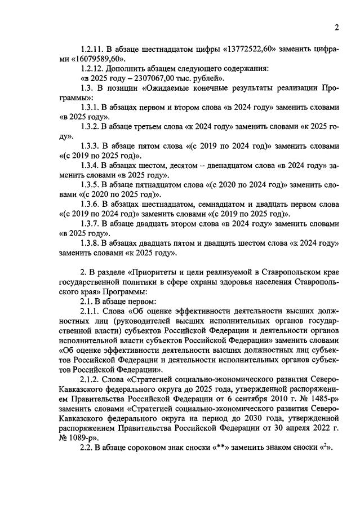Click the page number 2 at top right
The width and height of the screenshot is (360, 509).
tap(336, 28)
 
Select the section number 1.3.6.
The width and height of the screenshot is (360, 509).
tap(92, 204)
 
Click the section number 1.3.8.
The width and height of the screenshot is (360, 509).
tap(92, 244)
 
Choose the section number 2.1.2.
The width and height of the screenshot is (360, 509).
tap(92, 379)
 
